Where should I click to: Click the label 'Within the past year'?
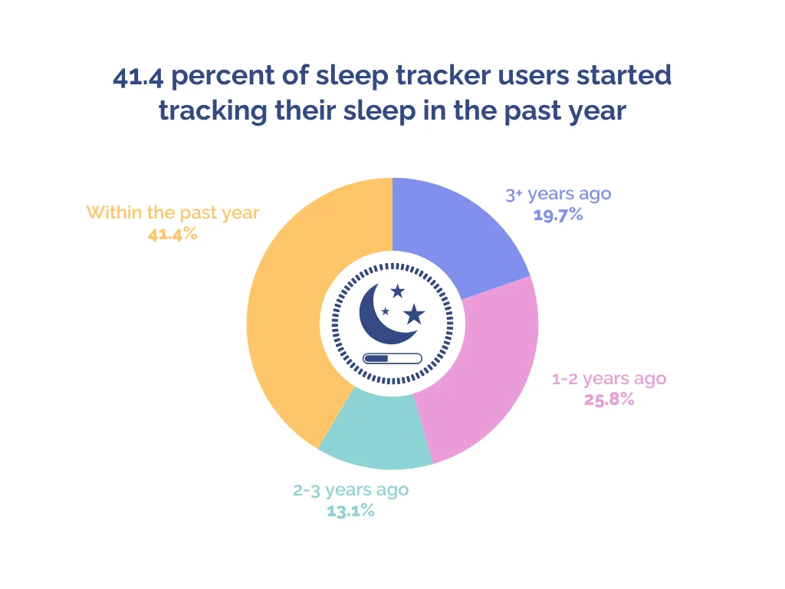[172, 213]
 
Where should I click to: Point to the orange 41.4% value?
[172, 234]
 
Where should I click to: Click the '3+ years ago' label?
[558, 194]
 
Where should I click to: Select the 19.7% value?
[558, 215]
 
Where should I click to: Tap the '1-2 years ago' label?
[609, 379]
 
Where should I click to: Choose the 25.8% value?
[609, 399]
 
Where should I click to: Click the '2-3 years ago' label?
[350, 490]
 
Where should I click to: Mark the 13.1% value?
[350, 511]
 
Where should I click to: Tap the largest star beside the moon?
[414, 314]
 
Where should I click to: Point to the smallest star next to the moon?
[385, 311]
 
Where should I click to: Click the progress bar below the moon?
[392, 358]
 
